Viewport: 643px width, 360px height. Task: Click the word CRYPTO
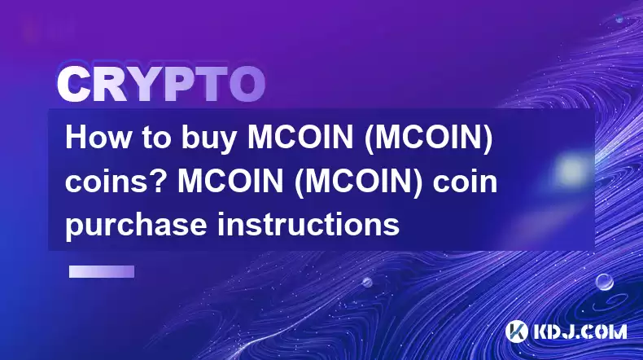(x=161, y=86)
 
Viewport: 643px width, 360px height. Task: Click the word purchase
(x=136, y=226)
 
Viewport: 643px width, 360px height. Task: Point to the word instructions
(x=308, y=224)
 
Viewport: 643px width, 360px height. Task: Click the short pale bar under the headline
(x=102, y=271)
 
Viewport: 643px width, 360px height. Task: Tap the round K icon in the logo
(x=516, y=331)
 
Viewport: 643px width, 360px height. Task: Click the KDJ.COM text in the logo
(x=579, y=331)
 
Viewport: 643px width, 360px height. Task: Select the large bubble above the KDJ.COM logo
(x=604, y=282)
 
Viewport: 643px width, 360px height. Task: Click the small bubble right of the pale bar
(x=367, y=282)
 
